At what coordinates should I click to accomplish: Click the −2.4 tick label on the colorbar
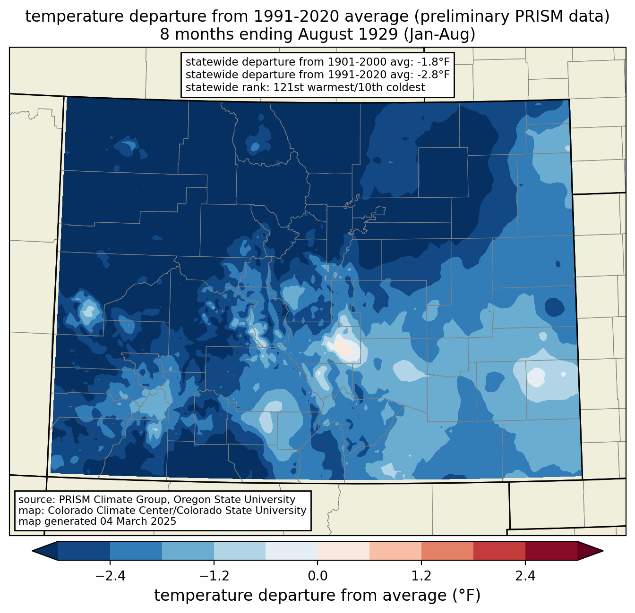(x=110, y=576)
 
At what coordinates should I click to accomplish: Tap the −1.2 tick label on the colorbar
(x=214, y=576)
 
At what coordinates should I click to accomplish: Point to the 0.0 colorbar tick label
(x=317, y=576)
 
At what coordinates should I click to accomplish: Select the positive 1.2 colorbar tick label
(x=421, y=576)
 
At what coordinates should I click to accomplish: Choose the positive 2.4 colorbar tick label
(x=525, y=576)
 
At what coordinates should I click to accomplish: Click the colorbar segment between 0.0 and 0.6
(x=343, y=551)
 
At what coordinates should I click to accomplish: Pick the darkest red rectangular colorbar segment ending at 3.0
(x=551, y=551)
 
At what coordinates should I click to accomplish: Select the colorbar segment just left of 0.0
(x=292, y=551)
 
